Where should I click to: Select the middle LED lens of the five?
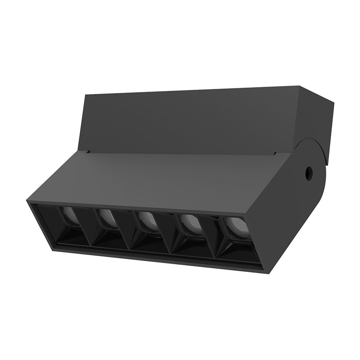pyautogui.click(x=148, y=222)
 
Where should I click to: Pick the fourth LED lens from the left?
pyautogui.click(x=191, y=224)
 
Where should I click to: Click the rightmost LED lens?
pyautogui.click(x=234, y=227)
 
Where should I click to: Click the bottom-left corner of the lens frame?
pyautogui.click(x=53, y=248)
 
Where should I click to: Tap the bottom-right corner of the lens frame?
pyautogui.click(x=263, y=271)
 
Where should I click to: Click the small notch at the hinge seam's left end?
pyautogui.click(x=89, y=152)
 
